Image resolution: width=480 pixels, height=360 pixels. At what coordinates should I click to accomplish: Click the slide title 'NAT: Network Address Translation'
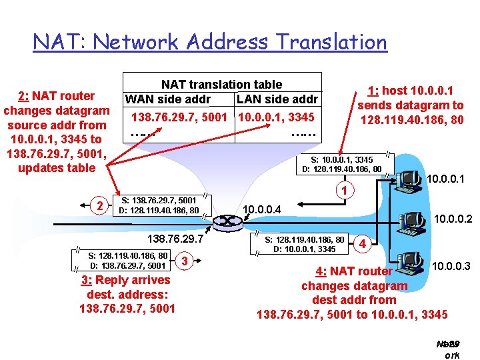[210, 43]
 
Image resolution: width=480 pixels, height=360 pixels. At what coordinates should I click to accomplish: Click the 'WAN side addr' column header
[168, 100]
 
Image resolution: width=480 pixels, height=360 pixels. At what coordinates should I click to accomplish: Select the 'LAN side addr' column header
[277, 100]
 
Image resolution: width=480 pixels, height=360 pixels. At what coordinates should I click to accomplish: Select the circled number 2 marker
[99, 205]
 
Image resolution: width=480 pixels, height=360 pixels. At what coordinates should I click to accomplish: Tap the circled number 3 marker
[185, 260]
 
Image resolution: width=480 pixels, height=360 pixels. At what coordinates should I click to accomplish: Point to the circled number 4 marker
[362, 243]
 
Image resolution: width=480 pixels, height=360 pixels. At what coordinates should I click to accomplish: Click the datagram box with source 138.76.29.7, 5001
[158, 205]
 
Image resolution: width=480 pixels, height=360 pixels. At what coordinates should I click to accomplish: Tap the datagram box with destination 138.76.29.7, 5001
[127, 260]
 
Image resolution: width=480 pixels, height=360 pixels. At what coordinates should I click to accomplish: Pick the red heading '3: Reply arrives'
[126, 279]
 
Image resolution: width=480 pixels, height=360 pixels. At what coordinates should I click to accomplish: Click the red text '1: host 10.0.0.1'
[410, 91]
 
